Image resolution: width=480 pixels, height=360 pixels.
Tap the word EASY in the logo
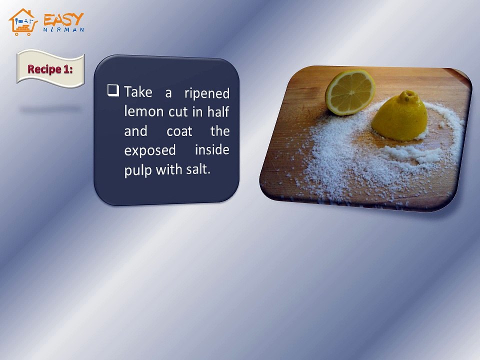tap(63, 19)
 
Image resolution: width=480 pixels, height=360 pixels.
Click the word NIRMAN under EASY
tap(63, 30)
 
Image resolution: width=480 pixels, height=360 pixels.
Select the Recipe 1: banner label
tap(50, 69)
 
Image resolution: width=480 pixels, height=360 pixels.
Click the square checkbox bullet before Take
tap(113, 90)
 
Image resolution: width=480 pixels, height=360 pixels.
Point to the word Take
tap(138, 92)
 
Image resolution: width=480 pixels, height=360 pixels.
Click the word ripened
tap(206, 93)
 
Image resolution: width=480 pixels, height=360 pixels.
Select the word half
tap(218, 112)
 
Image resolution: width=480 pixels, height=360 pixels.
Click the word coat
tap(179, 131)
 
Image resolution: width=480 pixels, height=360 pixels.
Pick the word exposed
tap(150, 150)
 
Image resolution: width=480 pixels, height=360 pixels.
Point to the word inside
tap(212, 149)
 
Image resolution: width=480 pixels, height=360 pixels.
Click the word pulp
tap(138, 170)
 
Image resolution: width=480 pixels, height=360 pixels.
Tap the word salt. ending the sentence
tap(198, 169)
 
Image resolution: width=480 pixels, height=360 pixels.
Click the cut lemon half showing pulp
tap(350, 91)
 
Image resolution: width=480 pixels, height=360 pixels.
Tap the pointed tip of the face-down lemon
tap(409, 94)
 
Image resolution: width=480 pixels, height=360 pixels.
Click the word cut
tap(178, 112)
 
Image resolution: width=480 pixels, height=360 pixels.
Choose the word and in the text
tap(135, 131)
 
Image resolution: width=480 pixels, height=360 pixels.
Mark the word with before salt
tap(169, 170)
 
